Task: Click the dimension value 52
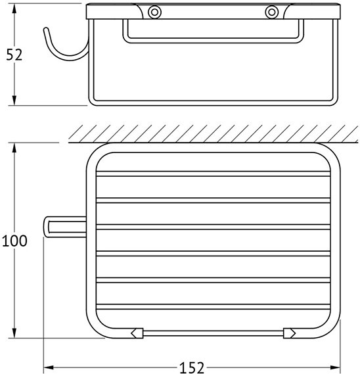(x=14, y=55)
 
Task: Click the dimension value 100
(x=14, y=241)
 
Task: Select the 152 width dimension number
(x=192, y=367)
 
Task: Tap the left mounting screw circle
(x=154, y=12)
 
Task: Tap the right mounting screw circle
(x=271, y=12)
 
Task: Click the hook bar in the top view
(x=65, y=227)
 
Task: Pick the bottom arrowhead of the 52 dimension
(x=14, y=101)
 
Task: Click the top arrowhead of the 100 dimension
(x=14, y=148)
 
